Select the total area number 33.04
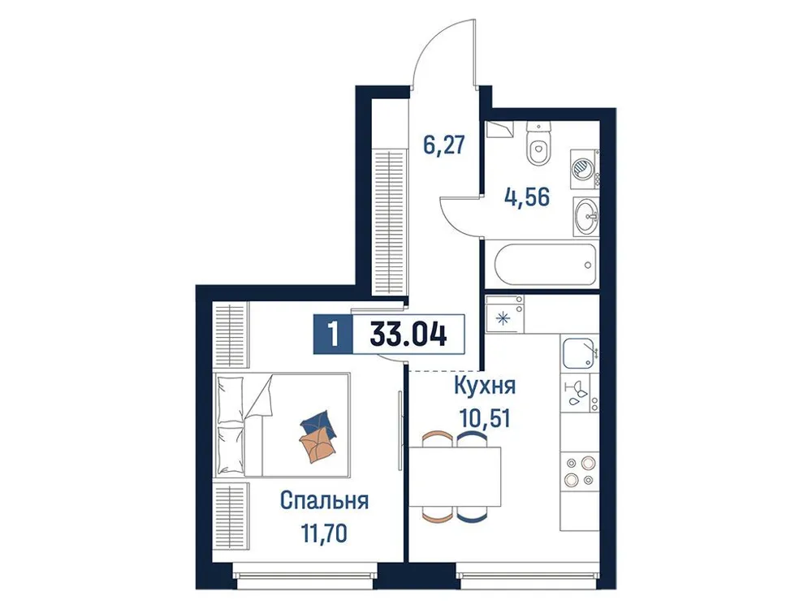(408, 335)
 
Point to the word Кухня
(485, 384)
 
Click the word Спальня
(324, 500)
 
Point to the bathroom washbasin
(585, 217)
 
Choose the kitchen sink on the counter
(580, 353)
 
